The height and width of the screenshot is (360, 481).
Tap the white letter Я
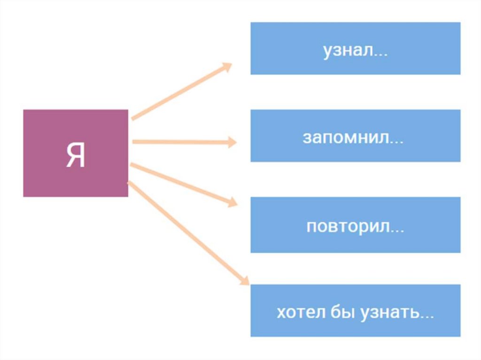pyautogui.click(x=76, y=155)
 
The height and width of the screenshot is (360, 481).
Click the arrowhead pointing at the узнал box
pyautogui.click(x=227, y=67)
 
